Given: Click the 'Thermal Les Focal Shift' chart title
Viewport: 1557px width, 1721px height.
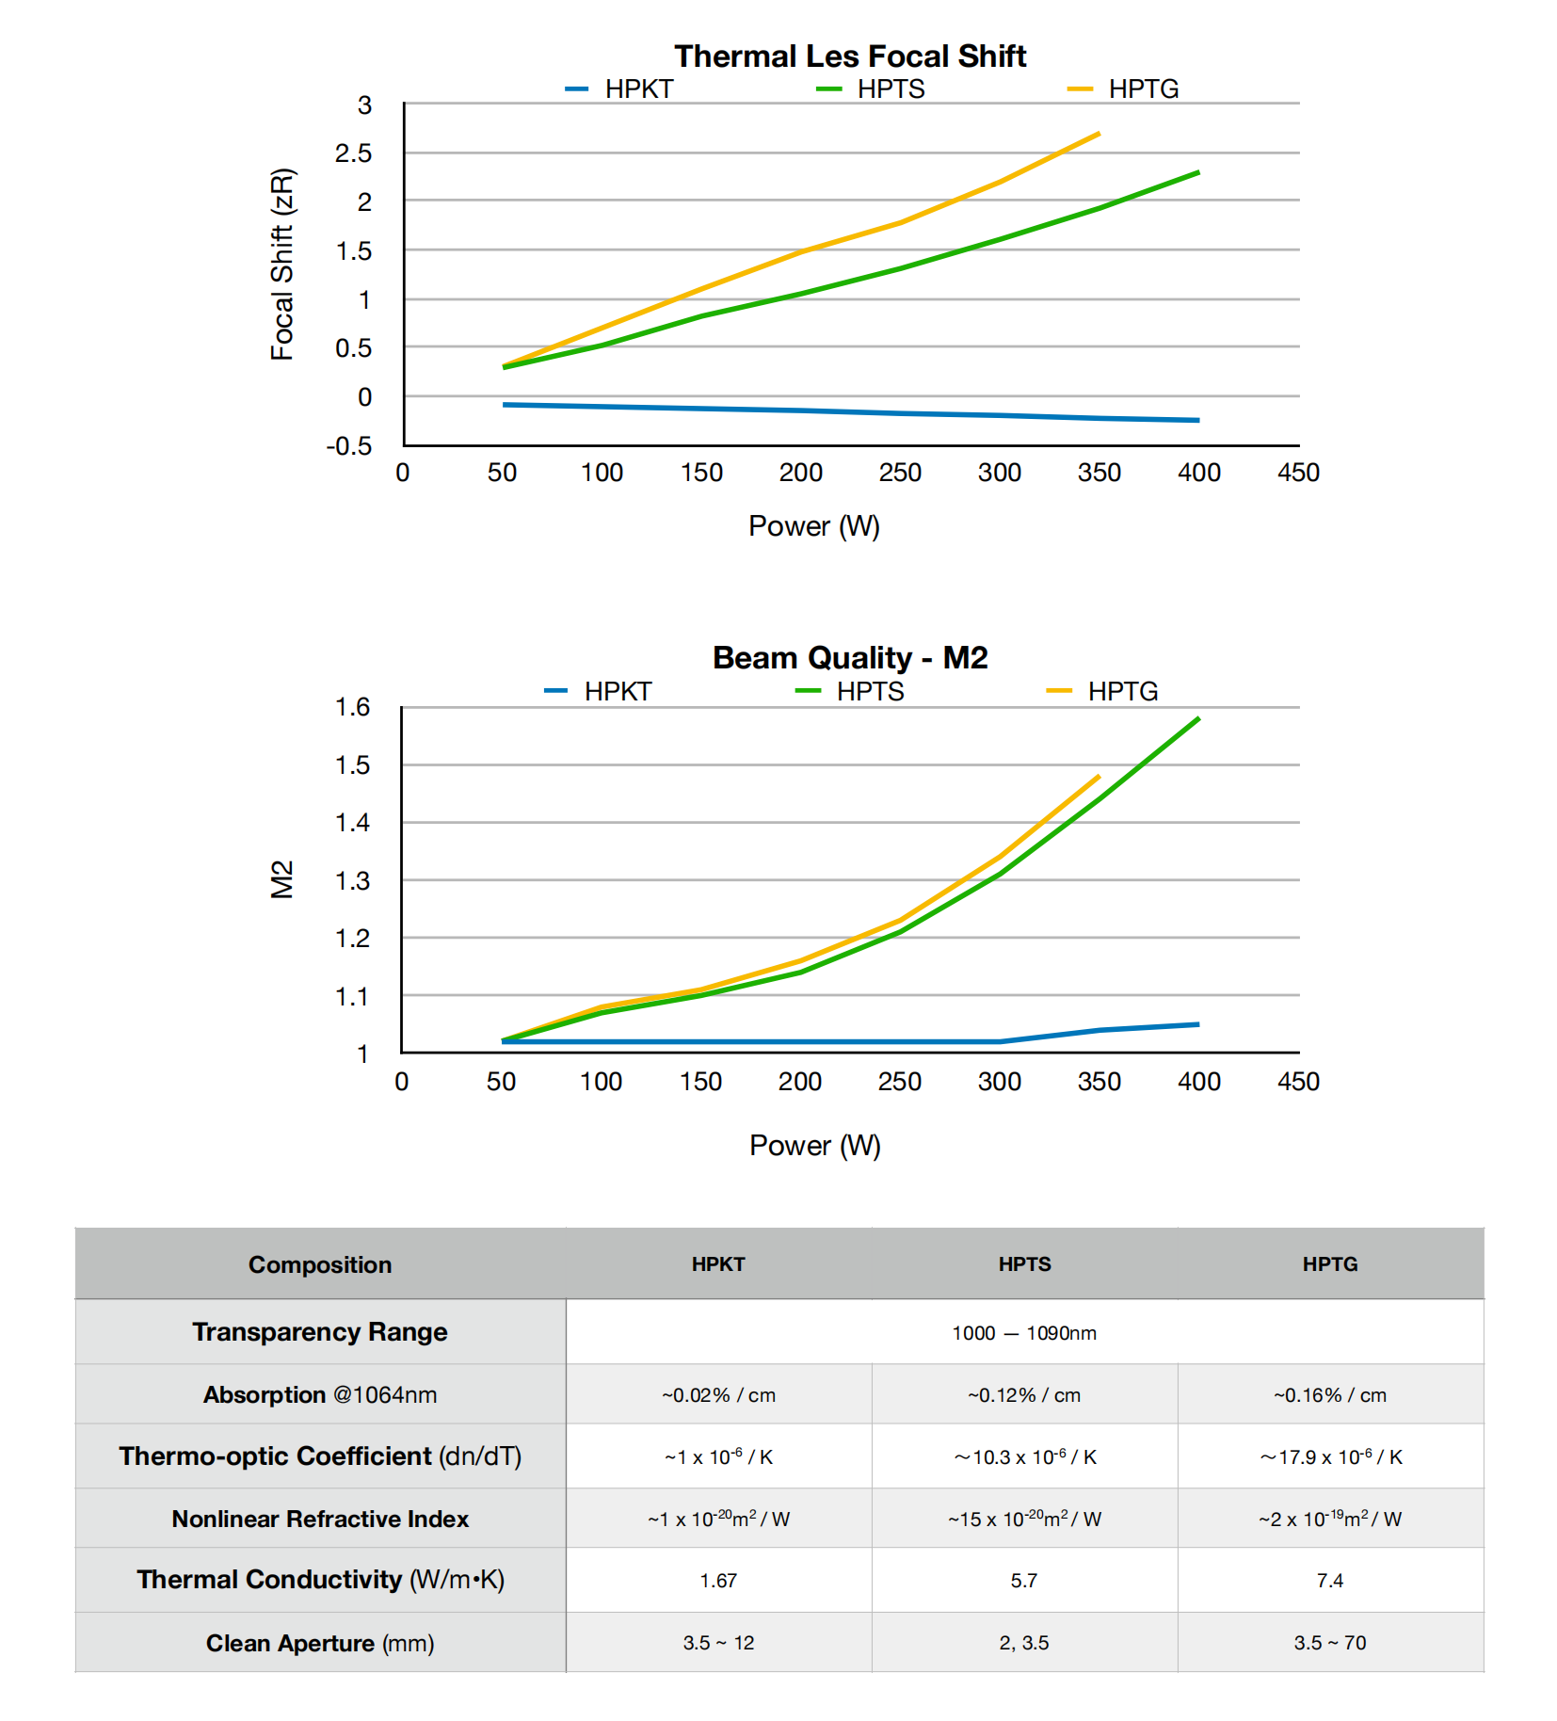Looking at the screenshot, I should coord(849,56).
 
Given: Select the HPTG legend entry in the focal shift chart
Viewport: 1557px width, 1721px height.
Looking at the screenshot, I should coord(1142,89).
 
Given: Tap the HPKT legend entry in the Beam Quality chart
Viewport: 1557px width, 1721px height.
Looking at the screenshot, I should coord(617,692).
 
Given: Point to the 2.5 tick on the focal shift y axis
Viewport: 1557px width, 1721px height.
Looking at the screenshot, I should coord(353,153).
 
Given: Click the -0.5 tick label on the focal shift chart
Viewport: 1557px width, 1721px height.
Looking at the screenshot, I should coord(349,446).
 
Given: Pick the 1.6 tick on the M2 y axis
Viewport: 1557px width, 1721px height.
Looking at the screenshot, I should coord(352,707).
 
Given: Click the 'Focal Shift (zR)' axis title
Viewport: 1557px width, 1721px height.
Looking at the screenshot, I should coord(282,264).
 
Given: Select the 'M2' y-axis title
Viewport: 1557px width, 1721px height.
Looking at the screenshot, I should coord(282,879).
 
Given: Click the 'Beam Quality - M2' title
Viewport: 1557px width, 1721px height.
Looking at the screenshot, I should coord(849,658).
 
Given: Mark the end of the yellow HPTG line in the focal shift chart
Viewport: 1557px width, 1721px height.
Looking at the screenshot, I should coord(1099,134).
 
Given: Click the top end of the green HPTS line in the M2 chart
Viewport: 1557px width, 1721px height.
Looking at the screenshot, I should coord(1198,719).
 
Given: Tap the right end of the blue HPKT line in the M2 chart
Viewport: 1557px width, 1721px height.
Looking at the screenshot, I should coord(1198,1024).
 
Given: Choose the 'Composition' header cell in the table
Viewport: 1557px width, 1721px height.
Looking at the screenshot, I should coord(320,1264).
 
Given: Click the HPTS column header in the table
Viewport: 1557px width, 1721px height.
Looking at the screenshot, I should coord(1024,1264).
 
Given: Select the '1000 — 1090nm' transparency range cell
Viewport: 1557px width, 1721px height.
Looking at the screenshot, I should coord(1024,1333).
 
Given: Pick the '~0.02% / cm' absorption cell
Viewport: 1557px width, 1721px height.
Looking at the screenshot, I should coord(718,1395).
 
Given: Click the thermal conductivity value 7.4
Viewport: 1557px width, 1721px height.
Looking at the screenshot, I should coord(1329,1581).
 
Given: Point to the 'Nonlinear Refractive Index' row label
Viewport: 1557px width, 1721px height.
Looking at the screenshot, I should coord(320,1519).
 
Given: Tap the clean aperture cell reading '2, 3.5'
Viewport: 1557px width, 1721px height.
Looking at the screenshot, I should coord(1024,1643).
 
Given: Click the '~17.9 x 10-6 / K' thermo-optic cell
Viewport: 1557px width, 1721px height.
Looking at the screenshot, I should coord(1330,1457).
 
